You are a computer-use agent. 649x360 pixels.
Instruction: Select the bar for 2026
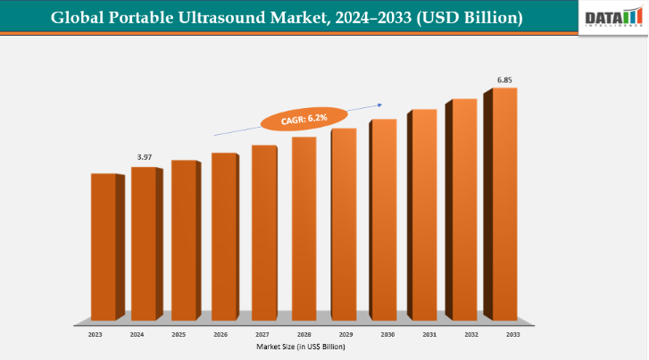point(223,236)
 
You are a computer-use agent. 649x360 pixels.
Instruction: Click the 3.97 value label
point(144,157)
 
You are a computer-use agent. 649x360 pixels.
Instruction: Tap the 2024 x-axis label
point(137,334)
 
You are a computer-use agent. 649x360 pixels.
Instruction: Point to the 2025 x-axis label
point(178,334)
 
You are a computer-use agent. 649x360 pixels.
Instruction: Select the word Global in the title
point(78,17)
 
